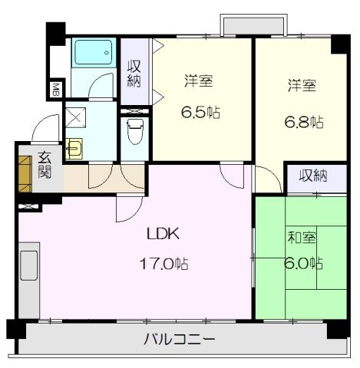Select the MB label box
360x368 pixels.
click(x=55, y=90)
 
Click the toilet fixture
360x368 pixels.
click(x=135, y=130)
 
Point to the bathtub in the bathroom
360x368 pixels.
click(x=93, y=54)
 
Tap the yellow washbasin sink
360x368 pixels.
click(x=74, y=146)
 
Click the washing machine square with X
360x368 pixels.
click(x=76, y=117)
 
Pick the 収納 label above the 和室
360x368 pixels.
click(x=313, y=176)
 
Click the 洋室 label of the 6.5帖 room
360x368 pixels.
click(x=198, y=80)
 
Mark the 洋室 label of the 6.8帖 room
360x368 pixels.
click(x=302, y=86)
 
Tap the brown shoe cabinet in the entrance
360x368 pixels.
click(x=25, y=172)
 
